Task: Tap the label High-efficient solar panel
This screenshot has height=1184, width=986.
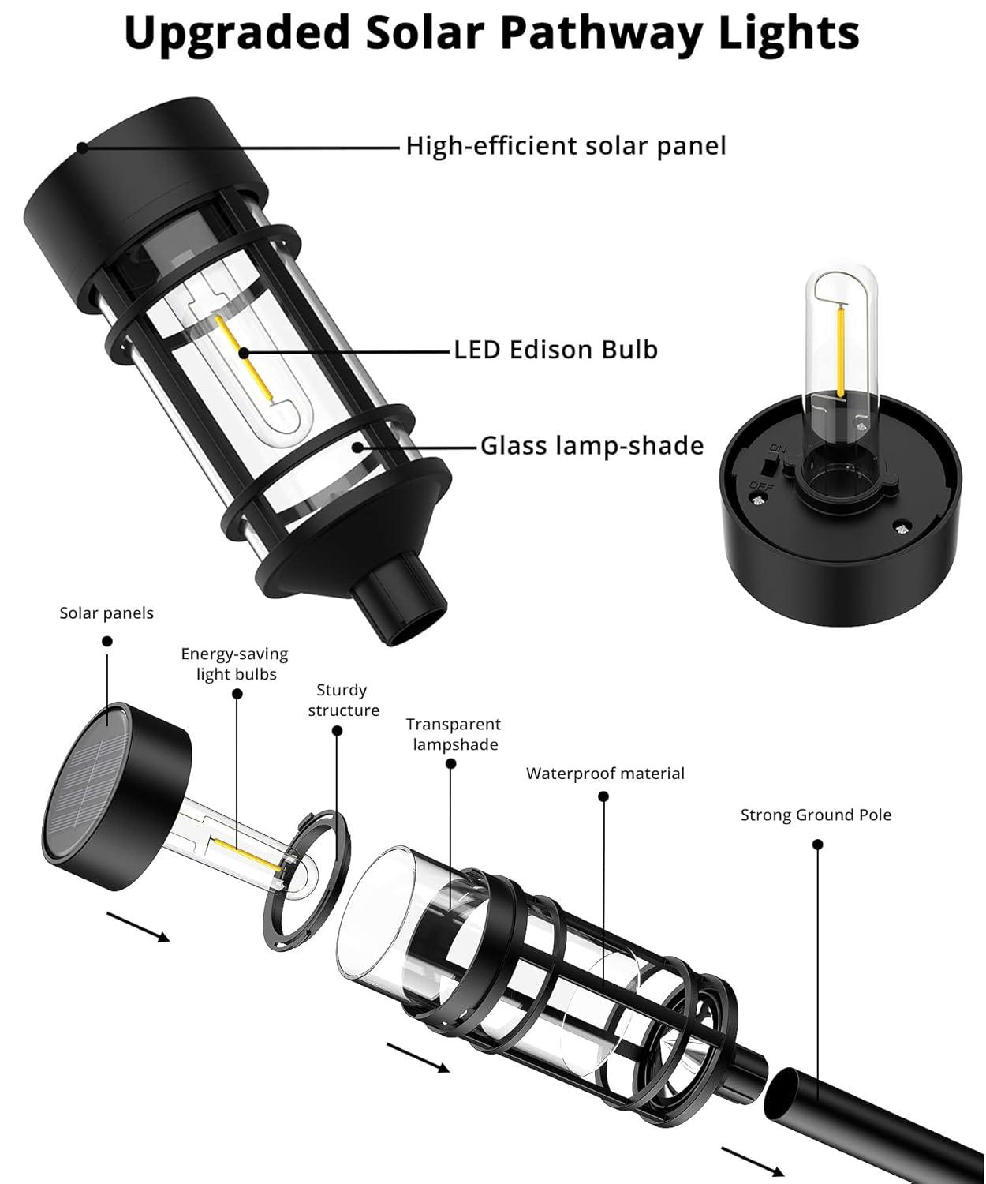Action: pyautogui.click(x=566, y=146)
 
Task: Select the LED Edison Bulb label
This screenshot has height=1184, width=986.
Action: pyautogui.click(x=555, y=350)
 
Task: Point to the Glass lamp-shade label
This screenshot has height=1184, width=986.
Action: pyautogui.click(x=592, y=446)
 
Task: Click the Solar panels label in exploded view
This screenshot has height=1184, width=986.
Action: pyautogui.click(x=106, y=613)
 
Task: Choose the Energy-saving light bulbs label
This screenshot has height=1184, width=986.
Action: pyautogui.click(x=235, y=664)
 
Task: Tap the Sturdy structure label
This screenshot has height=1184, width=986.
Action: pyautogui.click(x=343, y=700)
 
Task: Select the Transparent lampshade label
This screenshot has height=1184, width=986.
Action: pyautogui.click(x=454, y=734)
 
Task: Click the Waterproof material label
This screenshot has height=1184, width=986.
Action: pyautogui.click(x=605, y=774)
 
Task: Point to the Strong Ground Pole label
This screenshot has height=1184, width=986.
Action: pyautogui.click(x=816, y=815)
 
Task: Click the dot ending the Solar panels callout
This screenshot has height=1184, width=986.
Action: pyautogui.click(x=107, y=642)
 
